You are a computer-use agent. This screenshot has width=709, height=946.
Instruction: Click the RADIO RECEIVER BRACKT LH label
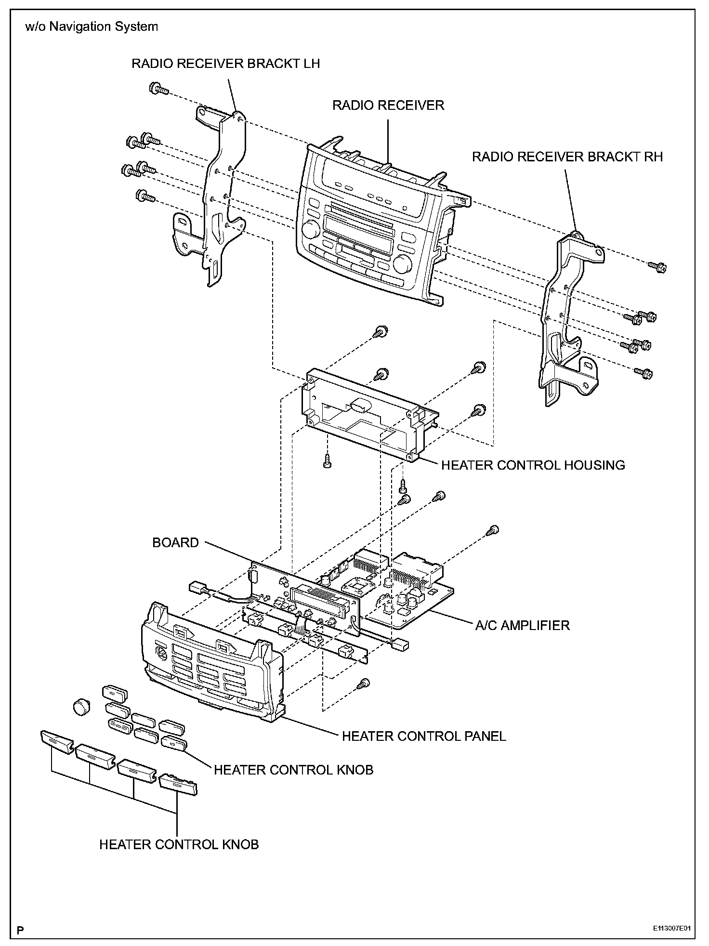(225, 64)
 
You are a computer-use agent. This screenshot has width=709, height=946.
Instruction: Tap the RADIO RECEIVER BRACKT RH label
(567, 157)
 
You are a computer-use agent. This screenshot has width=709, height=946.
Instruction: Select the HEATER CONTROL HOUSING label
(533, 465)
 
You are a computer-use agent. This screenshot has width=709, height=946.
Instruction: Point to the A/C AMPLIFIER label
(522, 626)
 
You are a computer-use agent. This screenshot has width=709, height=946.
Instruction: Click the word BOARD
(175, 543)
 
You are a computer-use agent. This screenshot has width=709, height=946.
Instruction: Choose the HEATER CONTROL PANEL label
(424, 736)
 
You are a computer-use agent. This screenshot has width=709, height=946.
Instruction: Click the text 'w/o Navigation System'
(92, 26)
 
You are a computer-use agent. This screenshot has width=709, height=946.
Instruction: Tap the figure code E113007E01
(674, 928)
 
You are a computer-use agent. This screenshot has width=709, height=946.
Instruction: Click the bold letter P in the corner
(21, 928)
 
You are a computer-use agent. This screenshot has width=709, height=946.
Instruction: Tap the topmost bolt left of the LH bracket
(158, 89)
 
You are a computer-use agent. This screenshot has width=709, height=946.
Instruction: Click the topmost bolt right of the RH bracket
(657, 266)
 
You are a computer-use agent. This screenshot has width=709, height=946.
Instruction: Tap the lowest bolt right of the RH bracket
(644, 373)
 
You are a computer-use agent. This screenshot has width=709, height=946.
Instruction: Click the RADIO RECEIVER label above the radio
(388, 105)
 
